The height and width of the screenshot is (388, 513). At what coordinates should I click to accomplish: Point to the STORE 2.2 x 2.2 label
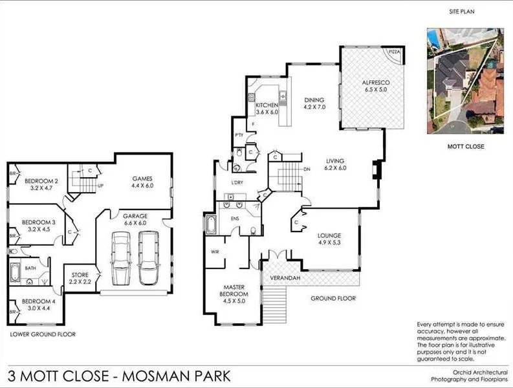pos(82,279)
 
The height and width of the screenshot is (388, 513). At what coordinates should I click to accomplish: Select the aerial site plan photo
pos(464,81)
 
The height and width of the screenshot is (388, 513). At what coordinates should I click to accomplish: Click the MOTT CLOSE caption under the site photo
pos(465,147)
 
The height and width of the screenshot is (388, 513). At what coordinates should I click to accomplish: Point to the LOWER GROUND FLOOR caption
pos(43,334)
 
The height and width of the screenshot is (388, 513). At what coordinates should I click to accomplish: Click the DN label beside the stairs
pos(307,169)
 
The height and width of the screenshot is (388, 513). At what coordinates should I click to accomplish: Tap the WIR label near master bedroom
pos(215,252)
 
